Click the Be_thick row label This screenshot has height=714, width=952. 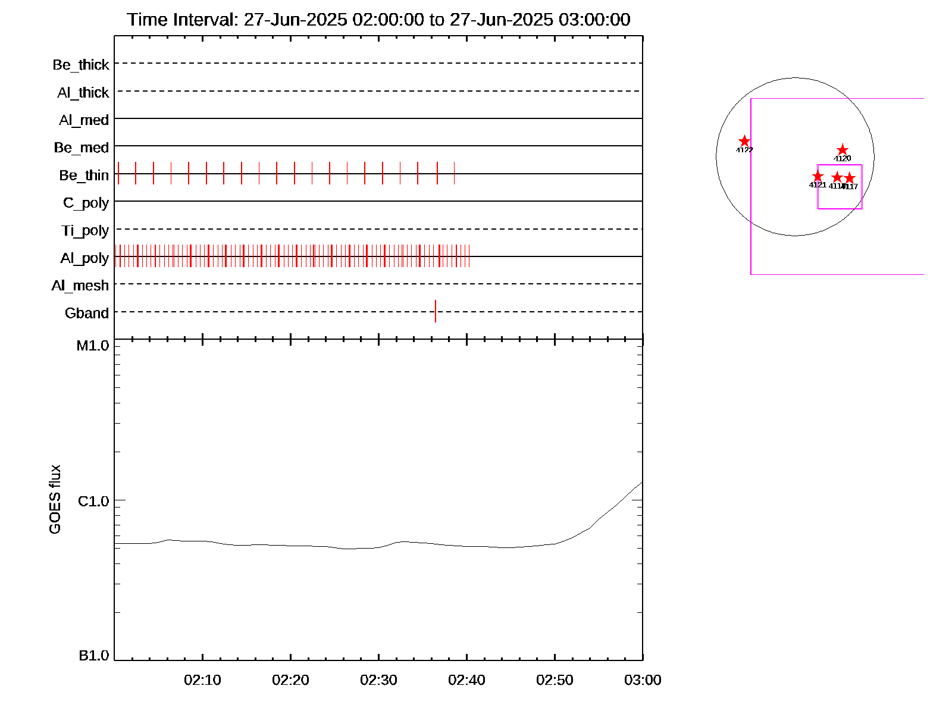tap(81, 65)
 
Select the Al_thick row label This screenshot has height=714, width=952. tap(83, 93)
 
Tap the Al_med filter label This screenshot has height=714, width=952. tap(84, 120)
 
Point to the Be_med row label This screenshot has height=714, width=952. tap(82, 148)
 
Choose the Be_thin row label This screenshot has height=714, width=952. tap(84, 176)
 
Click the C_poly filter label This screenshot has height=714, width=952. tap(86, 203)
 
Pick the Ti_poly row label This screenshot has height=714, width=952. tap(85, 231)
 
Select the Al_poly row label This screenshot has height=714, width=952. tap(84, 258)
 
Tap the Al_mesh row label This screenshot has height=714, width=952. tap(80, 286)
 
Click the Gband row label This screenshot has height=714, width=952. tap(87, 313)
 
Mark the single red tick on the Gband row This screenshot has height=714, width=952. tap(436, 311)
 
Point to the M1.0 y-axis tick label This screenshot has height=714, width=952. tap(93, 346)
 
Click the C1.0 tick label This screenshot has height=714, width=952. tap(93, 502)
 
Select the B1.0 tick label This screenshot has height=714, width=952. tap(94, 656)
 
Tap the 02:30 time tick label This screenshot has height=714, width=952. tap(378, 680)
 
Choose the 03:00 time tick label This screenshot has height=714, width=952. tap(643, 680)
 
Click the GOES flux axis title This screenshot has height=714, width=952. tap(55, 499)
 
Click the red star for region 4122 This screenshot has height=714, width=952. tap(744, 141)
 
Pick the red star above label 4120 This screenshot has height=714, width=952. tap(843, 149)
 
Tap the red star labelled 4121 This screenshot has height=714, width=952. tap(818, 176)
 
